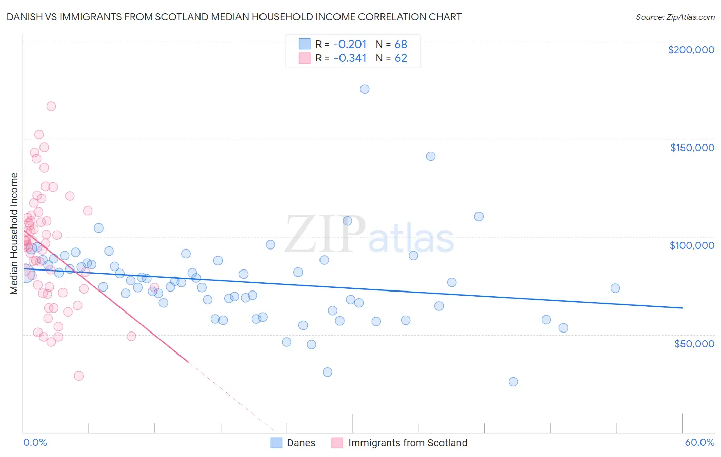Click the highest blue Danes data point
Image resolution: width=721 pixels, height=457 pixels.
point(365,89)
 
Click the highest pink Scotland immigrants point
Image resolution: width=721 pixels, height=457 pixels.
point(51,107)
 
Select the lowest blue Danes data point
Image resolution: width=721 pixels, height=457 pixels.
point(513,382)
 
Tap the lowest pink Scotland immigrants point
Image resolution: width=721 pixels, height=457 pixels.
point(78,376)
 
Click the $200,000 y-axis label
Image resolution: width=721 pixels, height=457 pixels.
point(691,50)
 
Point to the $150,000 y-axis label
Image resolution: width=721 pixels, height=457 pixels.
point(692,148)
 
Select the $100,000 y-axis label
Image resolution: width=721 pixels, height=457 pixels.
point(692,245)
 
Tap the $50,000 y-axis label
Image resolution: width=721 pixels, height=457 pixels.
point(694,344)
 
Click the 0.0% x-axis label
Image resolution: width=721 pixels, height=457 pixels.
point(35,443)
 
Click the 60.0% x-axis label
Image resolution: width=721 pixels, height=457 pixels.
point(699,443)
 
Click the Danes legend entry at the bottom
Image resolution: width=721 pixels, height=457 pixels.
point(301,443)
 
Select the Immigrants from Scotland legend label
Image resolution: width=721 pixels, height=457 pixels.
point(408,443)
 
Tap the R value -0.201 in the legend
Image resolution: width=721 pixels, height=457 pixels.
point(350,45)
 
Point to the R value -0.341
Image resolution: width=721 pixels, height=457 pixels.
point(350,58)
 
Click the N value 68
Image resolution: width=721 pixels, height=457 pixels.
point(400,45)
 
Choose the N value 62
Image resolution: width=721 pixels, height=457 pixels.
point(400,58)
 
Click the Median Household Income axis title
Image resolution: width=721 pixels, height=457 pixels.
point(14,234)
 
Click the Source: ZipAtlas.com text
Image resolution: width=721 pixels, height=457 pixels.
point(675,17)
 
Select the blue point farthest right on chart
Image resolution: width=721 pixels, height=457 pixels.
point(615,288)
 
